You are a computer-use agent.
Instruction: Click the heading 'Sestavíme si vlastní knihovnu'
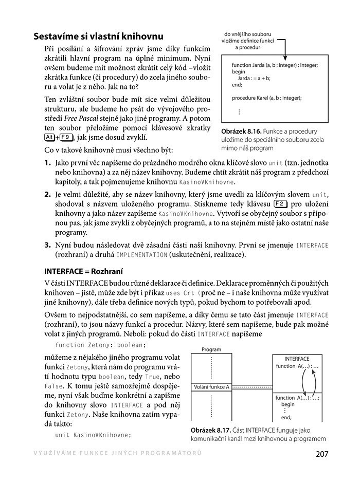pos(98,36)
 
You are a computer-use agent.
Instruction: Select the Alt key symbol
pos(50,137)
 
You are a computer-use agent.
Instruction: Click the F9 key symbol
pos(66,137)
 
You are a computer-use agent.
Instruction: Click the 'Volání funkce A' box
pos(211,386)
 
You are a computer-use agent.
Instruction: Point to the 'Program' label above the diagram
pos(211,349)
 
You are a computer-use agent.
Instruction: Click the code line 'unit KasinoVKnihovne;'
pos(93,435)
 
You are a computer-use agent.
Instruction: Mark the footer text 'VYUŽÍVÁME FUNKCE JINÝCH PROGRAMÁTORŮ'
pos(117,453)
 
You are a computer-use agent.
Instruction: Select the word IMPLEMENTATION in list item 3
pos(142,255)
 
